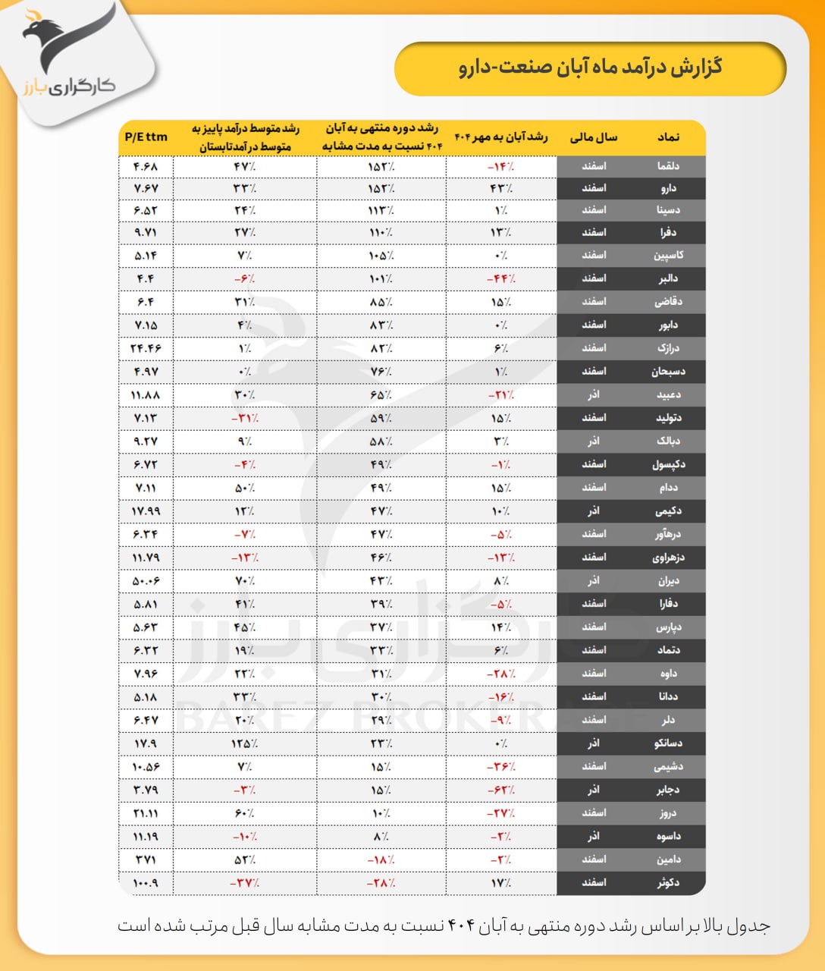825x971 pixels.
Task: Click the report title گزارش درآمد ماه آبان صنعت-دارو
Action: (590, 68)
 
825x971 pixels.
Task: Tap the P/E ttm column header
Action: (146, 137)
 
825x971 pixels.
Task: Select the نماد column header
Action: (668, 137)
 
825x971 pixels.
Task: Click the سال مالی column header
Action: (594, 137)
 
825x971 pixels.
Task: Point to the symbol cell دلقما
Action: (668, 165)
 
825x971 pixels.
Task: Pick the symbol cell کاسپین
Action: (668, 255)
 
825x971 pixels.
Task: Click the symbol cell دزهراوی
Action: (668, 558)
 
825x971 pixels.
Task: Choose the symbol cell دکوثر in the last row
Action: (668, 883)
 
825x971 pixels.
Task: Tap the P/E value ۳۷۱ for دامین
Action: (146, 859)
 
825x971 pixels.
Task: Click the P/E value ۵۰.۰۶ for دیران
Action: (146, 581)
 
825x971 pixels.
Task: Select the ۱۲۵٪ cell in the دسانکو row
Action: (244, 743)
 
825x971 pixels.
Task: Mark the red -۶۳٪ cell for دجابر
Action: (500, 790)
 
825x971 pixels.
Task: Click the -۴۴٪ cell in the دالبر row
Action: (500, 278)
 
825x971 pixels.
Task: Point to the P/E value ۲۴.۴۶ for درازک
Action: (146, 348)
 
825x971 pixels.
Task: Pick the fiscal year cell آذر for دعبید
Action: (594, 394)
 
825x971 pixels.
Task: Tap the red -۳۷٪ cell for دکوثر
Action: (244, 883)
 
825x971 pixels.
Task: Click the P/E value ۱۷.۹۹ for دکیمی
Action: (146, 511)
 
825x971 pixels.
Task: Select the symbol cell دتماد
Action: (668, 650)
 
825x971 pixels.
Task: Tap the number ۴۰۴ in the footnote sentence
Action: (460, 926)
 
